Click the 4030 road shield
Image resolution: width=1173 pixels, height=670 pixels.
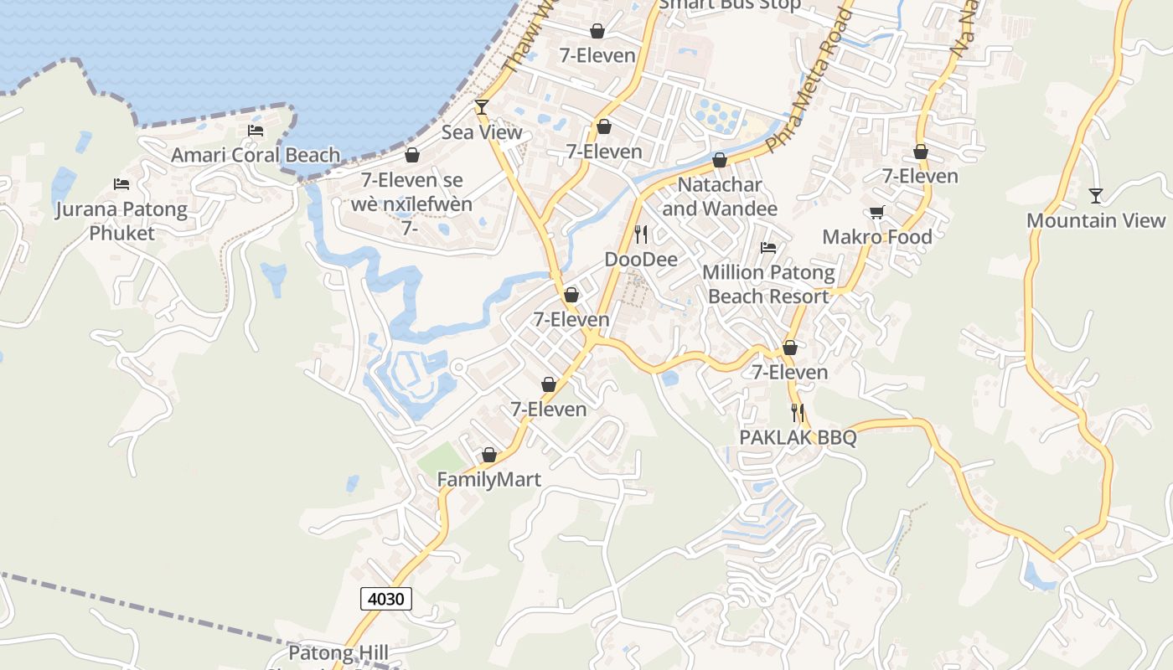pos(386,599)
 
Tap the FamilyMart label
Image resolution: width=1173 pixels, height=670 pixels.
pos(489,480)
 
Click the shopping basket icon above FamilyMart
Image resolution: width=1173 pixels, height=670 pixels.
pos(489,455)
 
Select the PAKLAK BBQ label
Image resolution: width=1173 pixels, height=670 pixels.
pos(798,437)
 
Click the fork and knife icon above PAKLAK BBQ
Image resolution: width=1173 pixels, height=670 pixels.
pos(798,412)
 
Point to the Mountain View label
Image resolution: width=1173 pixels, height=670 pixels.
pos(1096,220)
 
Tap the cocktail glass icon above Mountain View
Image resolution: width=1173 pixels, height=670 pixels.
pos(1096,196)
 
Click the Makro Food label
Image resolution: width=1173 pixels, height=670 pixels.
pos(877,237)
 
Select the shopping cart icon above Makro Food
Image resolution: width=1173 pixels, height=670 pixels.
pos(877,213)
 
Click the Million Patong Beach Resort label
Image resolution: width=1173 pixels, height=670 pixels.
pos(768,284)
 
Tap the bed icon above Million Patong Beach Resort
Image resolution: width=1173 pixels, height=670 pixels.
pos(768,248)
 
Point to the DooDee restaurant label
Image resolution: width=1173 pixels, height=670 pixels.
pos(641,260)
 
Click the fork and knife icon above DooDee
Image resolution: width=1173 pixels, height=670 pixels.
pos(641,234)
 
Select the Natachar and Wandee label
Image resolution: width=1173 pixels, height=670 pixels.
pos(720,196)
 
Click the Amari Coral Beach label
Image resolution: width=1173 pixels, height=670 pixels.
pos(256,155)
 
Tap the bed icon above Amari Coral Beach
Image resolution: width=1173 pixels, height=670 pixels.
pos(256,131)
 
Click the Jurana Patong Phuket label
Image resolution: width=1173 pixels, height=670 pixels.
pos(121,220)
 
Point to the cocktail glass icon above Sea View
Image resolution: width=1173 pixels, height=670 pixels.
pos(482,106)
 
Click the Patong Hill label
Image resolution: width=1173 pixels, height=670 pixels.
pos(338,652)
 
